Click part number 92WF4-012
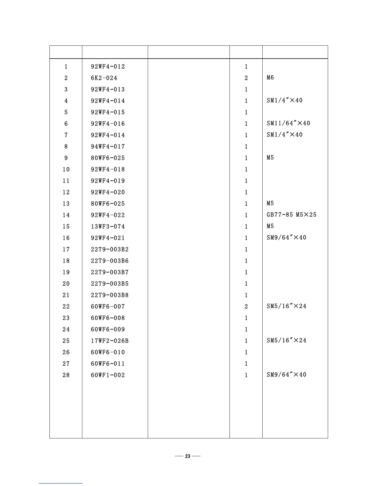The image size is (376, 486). coord(108,67)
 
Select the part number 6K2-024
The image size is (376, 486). coord(104,78)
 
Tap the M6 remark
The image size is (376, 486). coord(270,78)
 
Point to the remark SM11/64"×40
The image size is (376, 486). coord(288,123)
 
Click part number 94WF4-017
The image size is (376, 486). coord(108,147)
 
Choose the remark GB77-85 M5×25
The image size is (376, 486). coord(291,215)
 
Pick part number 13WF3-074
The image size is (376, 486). coord(108,226)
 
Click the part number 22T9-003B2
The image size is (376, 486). coord(110,249)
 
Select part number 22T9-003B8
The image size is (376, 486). coord(110,295)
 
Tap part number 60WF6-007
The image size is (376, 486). coord(108,307)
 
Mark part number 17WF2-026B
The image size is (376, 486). coord(110,341)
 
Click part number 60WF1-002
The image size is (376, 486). coord(108,375)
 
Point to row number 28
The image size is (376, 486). coord(66,375)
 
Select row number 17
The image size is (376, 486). coord(66,249)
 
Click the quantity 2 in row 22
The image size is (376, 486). coord(246,307)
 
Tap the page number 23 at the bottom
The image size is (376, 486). coord(188,456)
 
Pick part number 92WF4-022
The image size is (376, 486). coord(108,215)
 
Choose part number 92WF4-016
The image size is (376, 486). coord(108,124)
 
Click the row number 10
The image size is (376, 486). coord(66,169)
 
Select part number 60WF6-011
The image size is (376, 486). coord(108,364)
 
